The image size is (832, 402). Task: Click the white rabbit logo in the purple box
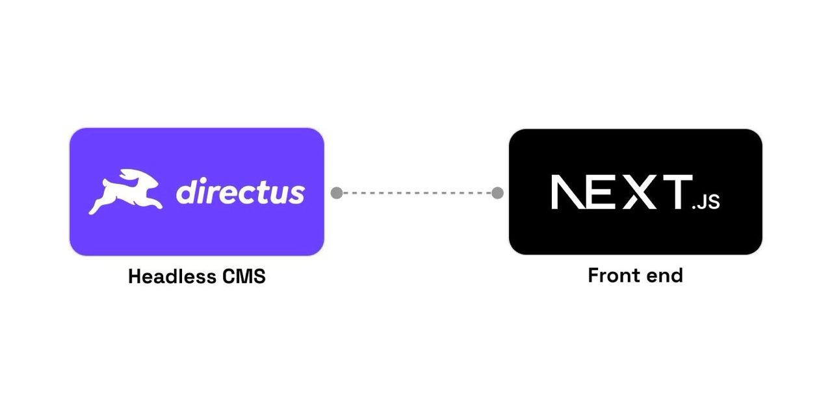click(125, 192)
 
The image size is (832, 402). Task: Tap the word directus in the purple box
click(240, 192)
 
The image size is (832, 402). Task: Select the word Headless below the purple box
click(172, 276)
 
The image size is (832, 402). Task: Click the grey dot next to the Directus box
click(337, 193)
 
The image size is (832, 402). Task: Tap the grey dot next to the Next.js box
click(497, 193)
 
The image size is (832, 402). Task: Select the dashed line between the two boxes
click(417, 193)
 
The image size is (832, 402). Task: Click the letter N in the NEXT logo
click(569, 192)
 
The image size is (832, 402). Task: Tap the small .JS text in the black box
click(706, 202)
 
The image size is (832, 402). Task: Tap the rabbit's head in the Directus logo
click(139, 179)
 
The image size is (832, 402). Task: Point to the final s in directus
click(297, 193)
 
